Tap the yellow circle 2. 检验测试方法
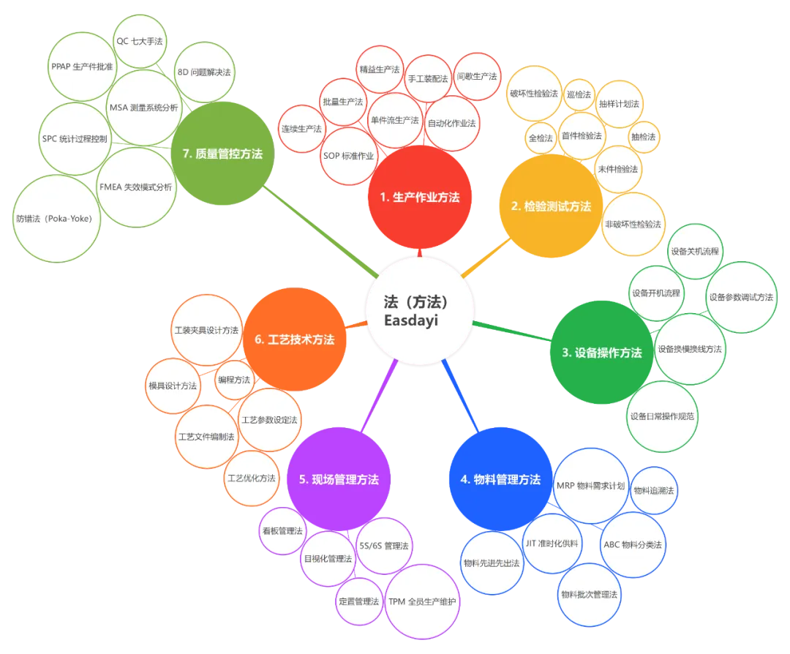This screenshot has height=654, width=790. click(x=550, y=206)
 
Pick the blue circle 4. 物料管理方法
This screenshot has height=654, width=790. click(x=500, y=480)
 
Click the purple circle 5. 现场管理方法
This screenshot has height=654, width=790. click(x=339, y=480)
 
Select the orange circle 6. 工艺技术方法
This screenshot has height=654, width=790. click(x=294, y=339)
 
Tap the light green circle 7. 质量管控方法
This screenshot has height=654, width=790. click(x=222, y=154)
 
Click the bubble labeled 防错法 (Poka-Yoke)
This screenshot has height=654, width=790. click(x=59, y=218)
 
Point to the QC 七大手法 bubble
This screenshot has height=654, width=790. click(x=140, y=42)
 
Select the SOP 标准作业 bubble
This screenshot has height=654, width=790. click(x=348, y=156)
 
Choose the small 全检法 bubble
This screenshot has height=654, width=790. click(x=541, y=137)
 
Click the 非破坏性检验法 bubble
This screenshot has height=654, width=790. click(x=633, y=224)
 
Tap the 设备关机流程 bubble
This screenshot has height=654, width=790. click(x=694, y=252)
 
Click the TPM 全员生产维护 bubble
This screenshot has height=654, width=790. click(x=422, y=601)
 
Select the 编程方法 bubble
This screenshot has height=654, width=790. click(x=234, y=380)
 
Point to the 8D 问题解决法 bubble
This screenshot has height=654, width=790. click(x=204, y=73)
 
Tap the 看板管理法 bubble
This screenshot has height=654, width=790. click(x=282, y=531)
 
